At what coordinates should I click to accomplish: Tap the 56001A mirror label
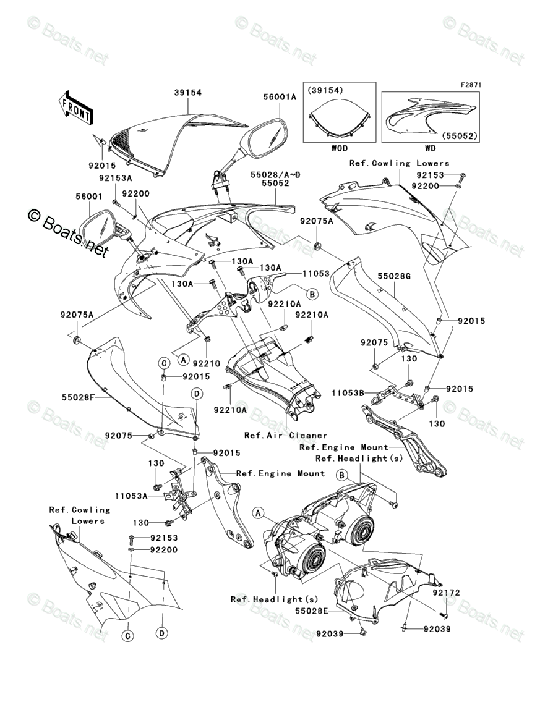tap(280, 96)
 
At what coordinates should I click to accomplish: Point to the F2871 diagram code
tap(470, 85)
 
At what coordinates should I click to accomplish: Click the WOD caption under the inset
tap(339, 148)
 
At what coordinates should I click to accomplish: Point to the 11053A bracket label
tap(131, 495)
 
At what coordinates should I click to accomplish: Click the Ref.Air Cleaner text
tap(285, 435)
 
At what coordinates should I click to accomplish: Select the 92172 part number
tap(446, 593)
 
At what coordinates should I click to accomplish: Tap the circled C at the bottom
tap(128, 634)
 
